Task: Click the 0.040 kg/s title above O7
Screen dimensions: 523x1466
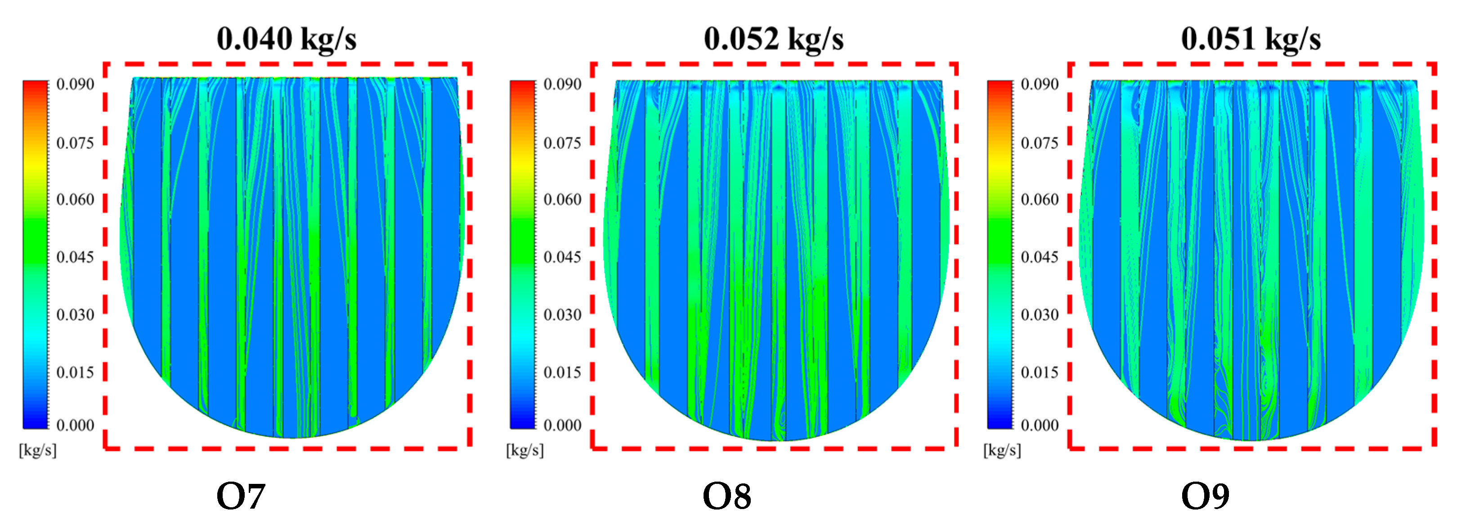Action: click(286, 39)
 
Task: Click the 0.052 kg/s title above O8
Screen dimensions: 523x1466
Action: click(773, 39)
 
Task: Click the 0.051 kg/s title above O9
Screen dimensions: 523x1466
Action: click(1251, 39)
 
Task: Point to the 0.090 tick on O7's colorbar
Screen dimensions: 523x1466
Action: click(75, 84)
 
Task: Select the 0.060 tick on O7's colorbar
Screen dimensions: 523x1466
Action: click(75, 199)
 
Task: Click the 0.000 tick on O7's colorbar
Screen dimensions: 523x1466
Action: click(75, 425)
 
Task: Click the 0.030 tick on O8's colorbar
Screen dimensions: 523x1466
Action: click(562, 315)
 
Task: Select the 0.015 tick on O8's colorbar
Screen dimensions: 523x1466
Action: click(562, 372)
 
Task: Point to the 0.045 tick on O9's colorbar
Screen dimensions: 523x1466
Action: click(1039, 257)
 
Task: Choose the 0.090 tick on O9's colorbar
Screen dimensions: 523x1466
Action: click(1039, 84)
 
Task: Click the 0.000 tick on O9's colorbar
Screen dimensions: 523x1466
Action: click(1039, 425)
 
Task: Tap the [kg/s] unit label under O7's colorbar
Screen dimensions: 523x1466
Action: click(37, 450)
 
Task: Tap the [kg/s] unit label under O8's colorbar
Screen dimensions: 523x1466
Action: click(525, 450)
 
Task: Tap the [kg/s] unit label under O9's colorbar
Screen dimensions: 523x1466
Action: click(1002, 450)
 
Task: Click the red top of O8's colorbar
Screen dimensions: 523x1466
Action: click(522, 85)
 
